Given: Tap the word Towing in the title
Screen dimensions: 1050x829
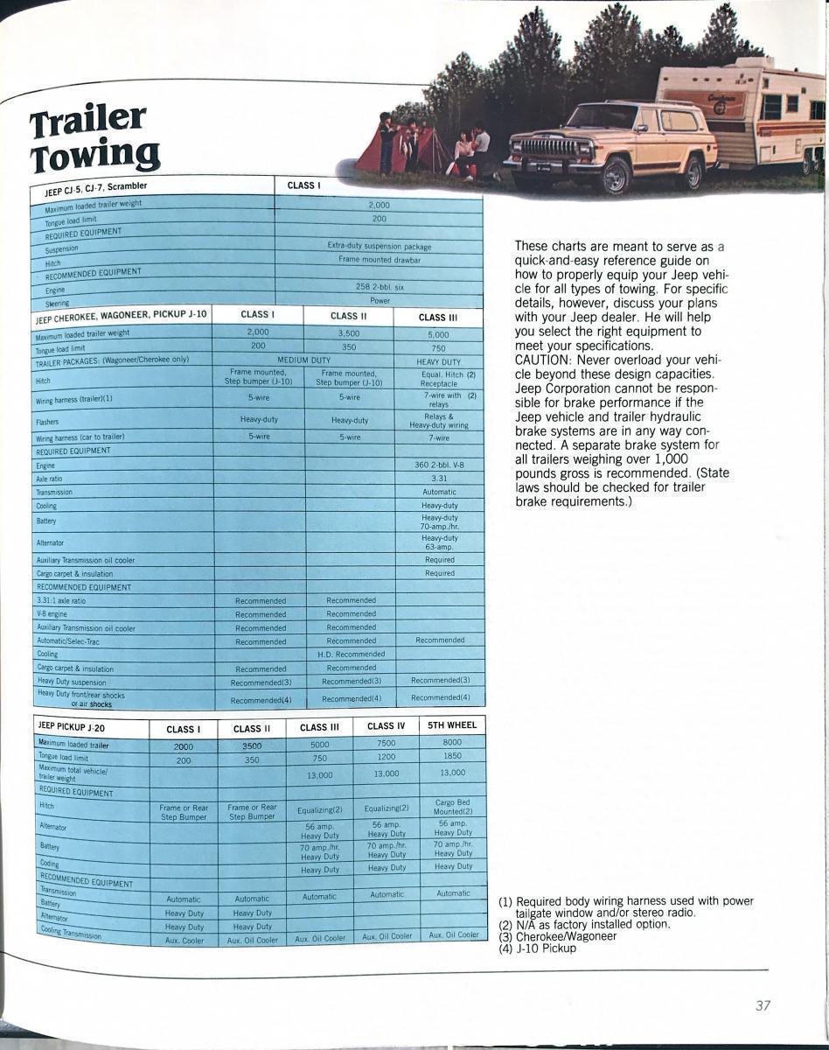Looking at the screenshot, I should coord(95,156).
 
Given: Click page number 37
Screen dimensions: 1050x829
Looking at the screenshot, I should coord(763,1005).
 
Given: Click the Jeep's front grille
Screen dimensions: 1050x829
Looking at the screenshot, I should coord(549,146).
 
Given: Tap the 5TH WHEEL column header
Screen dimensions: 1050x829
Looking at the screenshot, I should coord(452,725).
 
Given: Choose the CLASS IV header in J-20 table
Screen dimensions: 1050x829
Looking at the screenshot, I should coord(386,725).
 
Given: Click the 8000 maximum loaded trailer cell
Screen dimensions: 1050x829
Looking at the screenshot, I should coord(452,742).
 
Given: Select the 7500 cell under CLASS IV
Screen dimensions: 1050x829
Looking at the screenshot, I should coord(386,743).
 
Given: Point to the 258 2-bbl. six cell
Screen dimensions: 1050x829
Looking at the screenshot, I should coord(379,286).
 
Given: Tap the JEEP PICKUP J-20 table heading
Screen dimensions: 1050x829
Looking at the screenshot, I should coord(72,726).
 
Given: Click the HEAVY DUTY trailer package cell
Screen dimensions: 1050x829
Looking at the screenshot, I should coord(438,360).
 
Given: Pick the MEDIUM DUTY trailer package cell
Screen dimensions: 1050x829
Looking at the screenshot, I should coord(303,360).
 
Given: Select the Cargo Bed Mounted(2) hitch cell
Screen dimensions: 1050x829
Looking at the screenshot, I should coord(452,807).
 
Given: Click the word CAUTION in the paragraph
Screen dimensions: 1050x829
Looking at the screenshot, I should coord(540,360).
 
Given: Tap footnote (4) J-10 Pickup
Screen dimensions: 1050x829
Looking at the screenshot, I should coord(537,948).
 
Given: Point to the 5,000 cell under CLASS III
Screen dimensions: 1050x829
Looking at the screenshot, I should coord(438,334).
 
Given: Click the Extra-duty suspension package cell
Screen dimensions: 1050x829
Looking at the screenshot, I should coord(379,246).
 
